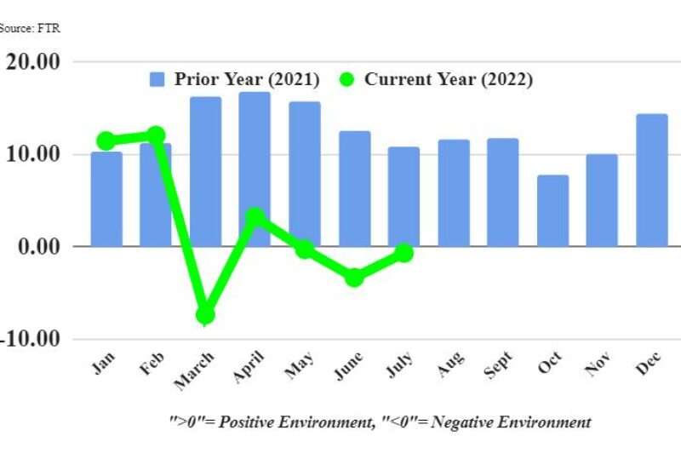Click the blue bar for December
click(651, 180)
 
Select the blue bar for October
click(552, 210)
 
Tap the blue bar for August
click(454, 192)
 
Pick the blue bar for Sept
click(503, 192)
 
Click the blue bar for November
click(602, 200)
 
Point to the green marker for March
click(205, 315)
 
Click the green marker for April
click(255, 217)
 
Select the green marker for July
click(403, 253)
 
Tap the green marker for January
click(106, 140)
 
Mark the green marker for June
click(354, 277)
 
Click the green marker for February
click(156, 135)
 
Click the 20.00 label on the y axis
click(31, 62)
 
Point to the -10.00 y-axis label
click(29, 338)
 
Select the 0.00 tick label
click(36, 246)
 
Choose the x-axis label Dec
click(649, 364)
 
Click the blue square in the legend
click(157, 79)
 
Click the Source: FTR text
click(30, 28)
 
